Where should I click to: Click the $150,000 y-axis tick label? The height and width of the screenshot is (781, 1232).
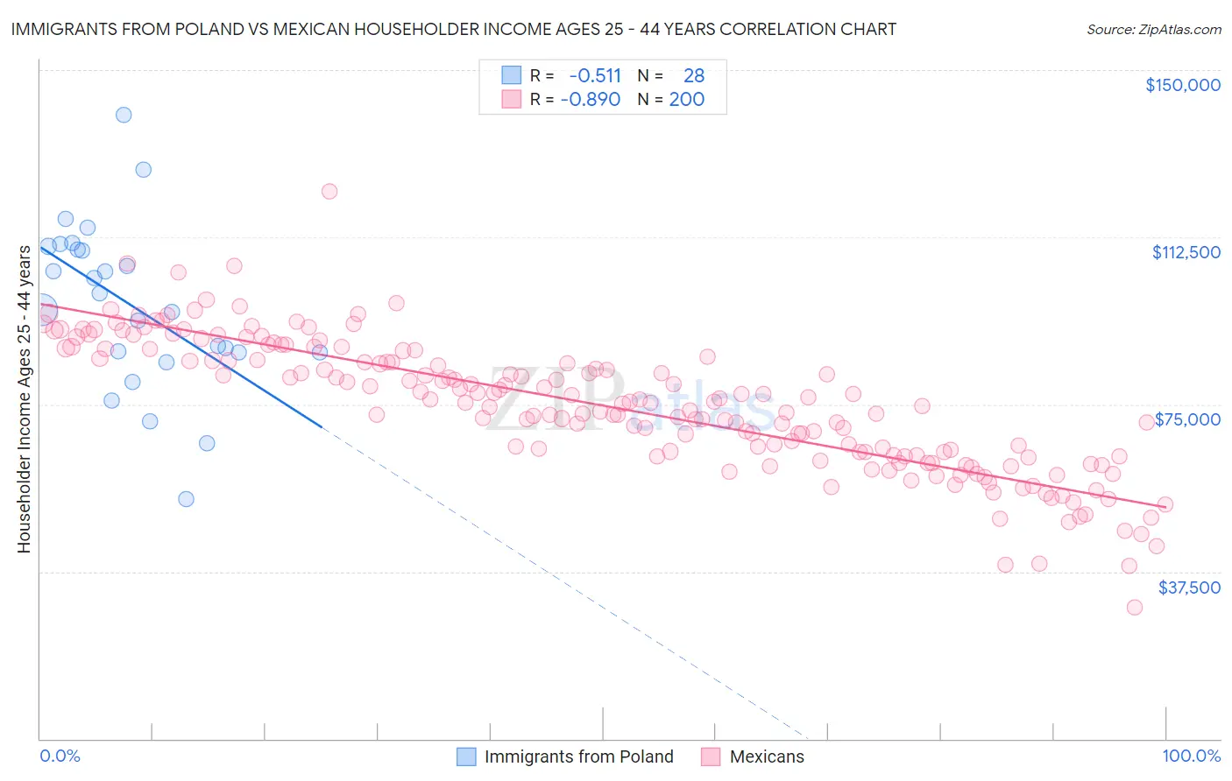coord(1182,85)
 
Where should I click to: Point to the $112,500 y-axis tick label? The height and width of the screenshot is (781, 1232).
coord(1186,252)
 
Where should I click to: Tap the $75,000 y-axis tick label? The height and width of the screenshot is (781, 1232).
coord(1187,419)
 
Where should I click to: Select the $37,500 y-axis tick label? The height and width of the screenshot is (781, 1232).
coord(1189,588)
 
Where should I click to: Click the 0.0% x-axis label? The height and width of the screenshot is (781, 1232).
coord(60,756)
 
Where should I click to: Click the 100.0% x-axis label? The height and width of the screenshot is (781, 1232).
coord(1191,756)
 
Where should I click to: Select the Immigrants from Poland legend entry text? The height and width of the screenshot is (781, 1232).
coord(578,756)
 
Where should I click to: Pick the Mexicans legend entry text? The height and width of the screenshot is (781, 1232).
coord(767,756)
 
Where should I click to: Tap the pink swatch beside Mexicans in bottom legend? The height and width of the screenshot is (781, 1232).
coord(710,756)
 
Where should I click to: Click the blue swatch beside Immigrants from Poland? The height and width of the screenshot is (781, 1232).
coord(466,756)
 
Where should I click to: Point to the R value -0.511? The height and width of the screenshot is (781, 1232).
coord(595,76)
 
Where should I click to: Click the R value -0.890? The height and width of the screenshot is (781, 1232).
coord(591,100)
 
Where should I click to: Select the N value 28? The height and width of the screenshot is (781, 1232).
coord(694,76)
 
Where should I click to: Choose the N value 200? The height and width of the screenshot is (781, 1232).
coord(687,100)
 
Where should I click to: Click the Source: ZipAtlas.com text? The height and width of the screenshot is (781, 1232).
coord(1153,30)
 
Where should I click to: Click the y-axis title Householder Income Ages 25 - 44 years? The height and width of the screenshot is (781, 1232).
coord(24,399)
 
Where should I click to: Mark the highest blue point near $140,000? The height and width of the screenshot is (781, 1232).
coord(124,115)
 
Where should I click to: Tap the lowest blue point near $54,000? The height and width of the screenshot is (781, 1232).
coord(186,499)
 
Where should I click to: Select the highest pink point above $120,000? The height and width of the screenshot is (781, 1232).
coord(329,191)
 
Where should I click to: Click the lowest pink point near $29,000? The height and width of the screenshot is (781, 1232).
coord(1135,608)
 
